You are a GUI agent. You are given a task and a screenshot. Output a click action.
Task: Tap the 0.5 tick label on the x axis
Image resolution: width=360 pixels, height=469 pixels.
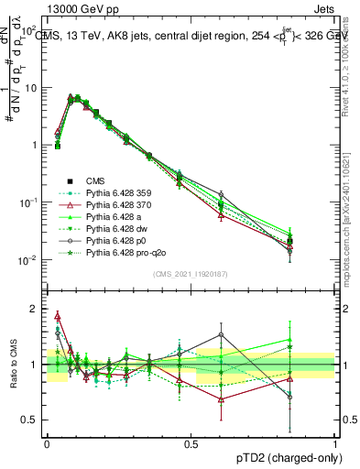(x=191, y=442)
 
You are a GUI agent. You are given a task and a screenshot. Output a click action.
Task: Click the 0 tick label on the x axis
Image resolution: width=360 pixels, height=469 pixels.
(x=47, y=442)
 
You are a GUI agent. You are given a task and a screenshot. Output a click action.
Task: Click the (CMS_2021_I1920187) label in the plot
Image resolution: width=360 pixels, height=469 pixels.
(x=190, y=273)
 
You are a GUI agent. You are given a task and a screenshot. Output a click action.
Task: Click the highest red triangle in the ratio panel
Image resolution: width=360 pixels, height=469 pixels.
(x=58, y=316)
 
